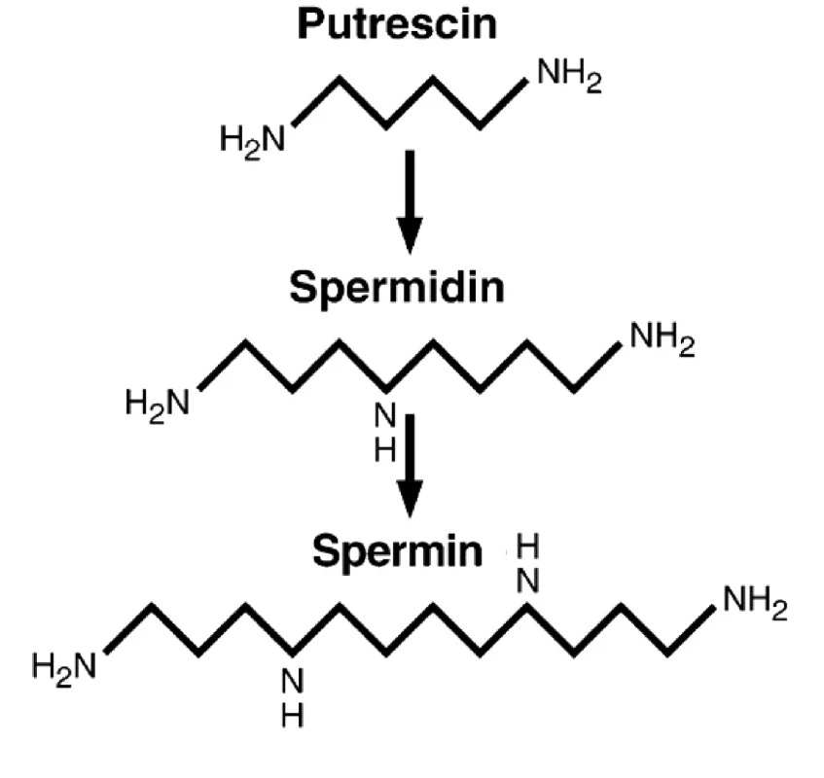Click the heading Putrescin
pos(397,24)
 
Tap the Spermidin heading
pos(397,287)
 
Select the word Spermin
pos(397,551)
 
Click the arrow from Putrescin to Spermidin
pos(410,201)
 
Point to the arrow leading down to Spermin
pos(410,466)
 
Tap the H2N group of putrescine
pos(253,141)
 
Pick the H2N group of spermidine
pos(158,405)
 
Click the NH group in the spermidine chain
pos(385,432)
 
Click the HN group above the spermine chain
pos(527,563)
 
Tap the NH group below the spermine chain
pos(293,697)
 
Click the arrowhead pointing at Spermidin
pos(410,235)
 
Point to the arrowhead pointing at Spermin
pos(410,499)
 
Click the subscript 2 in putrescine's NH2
pos(594,84)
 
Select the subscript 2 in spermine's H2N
pos(62,678)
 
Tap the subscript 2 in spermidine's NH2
pos(688,348)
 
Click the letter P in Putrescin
pos(309,24)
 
